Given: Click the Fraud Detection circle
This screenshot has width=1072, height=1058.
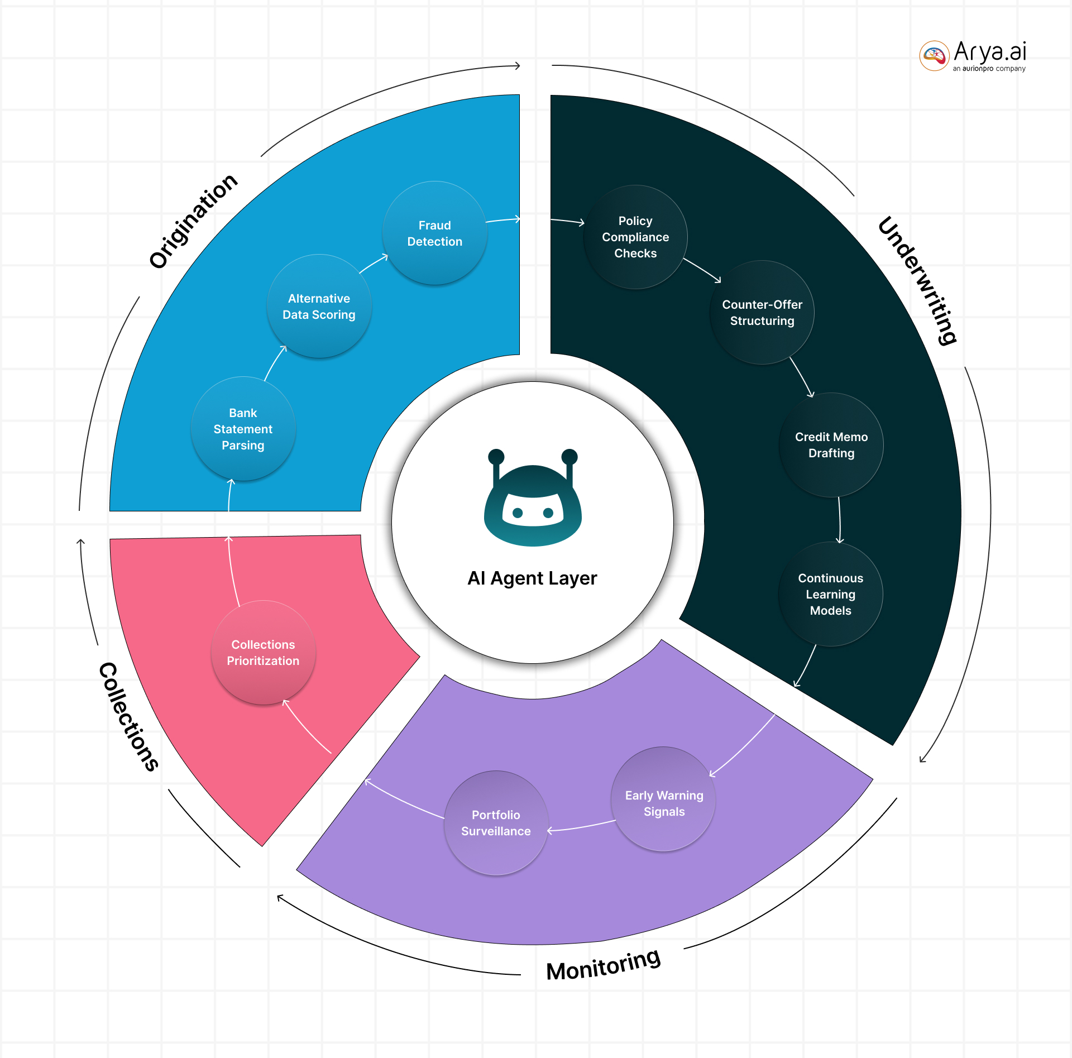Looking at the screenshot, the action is click(x=434, y=233).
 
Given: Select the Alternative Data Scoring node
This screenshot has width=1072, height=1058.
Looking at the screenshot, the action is click(x=319, y=307).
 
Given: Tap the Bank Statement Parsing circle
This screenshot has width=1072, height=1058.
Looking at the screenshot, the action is click(x=243, y=429).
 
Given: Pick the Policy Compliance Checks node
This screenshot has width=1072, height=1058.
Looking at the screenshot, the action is click(x=635, y=237).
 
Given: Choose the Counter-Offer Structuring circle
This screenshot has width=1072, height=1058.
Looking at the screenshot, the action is click(x=762, y=313).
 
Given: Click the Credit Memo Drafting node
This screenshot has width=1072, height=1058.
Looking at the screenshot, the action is click(x=831, y=445).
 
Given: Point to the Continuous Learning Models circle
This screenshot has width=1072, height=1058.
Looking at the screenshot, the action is click(x=830, y=594).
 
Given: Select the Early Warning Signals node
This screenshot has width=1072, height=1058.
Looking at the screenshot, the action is click(x=663, y=803).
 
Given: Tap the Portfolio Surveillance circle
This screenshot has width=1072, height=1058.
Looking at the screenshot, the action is click(x=496, y=823).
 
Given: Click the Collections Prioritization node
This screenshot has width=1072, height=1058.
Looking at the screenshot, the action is click(x=263, y=653).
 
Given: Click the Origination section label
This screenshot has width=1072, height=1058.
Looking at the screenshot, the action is click(x=193, y=221).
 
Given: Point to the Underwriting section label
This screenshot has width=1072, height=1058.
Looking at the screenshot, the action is click(x=917, y=280).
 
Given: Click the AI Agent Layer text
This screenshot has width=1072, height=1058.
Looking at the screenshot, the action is click(x=532, y=578).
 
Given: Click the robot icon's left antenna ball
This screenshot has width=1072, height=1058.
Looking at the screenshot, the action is click(x=496, y=456).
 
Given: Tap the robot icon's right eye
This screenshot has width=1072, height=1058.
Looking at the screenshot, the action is click(x=548, y=513).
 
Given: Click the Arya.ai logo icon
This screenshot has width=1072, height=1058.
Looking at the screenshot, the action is click(x=934, y=55).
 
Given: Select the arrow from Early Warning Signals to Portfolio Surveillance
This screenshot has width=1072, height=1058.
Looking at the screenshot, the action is click(x=581, y=827).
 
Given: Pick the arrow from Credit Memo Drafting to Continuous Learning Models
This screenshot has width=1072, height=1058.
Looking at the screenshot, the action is click(x=839, y=519).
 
